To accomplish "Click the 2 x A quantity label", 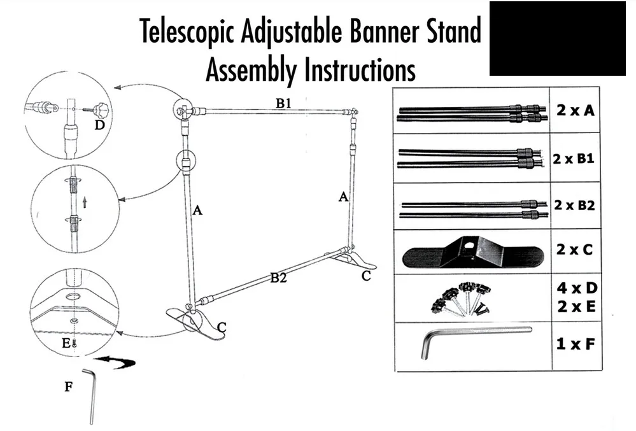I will pos(575,110).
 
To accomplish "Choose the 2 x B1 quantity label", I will pos(573,159).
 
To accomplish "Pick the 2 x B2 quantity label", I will pos(574,206).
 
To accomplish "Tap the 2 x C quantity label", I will pos(574,249).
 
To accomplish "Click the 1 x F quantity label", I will pos(575,345).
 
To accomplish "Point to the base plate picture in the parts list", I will pos(472,251).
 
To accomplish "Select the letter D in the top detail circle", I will pos(99,125).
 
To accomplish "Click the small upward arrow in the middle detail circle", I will pos(85,202).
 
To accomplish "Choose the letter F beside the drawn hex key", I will pos(68,386).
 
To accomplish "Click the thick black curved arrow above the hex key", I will pos(118,363).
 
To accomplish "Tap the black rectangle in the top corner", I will pos(557,38).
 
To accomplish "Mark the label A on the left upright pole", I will pos(197,210).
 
